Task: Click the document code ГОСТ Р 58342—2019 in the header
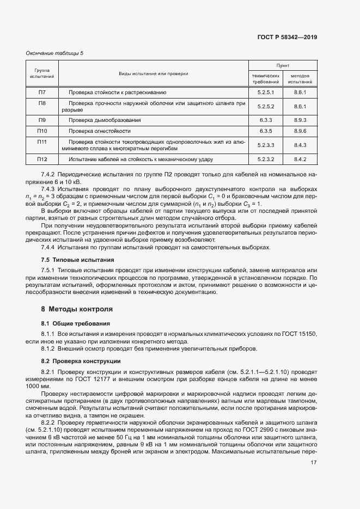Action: point(287,37)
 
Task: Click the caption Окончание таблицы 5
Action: point(55,53)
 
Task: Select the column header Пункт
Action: point(283,64)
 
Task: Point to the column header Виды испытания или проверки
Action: point(154,73)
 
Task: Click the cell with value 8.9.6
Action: point(301,131)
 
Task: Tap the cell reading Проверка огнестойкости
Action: point(100,131)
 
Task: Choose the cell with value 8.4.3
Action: point(301,145)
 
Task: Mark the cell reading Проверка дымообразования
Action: point(105,119)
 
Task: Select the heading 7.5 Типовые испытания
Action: point(77,260)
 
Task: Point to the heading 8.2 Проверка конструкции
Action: point(81,361)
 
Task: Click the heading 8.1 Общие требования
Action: point(76,323)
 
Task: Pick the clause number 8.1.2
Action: point(49,348)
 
